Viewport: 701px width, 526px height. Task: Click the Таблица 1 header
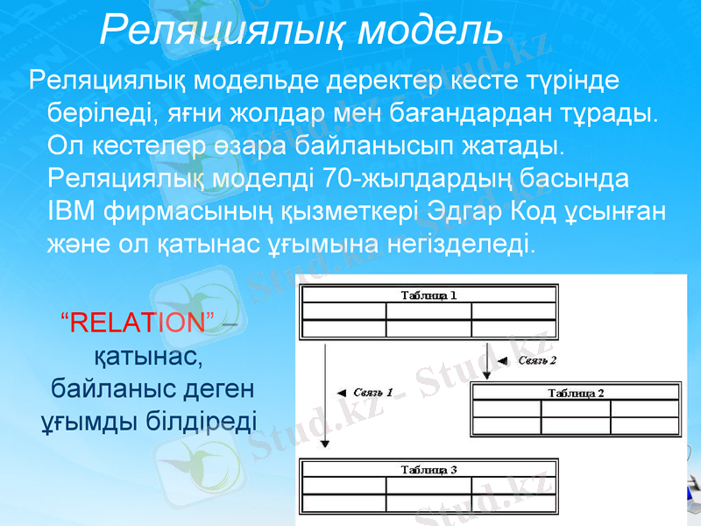[x=428, y=295]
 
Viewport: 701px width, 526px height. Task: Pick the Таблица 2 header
[x=576, y=392]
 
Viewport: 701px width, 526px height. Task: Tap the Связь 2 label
[x=537, y=359]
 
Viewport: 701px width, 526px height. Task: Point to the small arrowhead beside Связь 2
[x=502, y=359]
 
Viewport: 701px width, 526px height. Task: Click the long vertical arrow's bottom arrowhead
[x=325, y=444]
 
